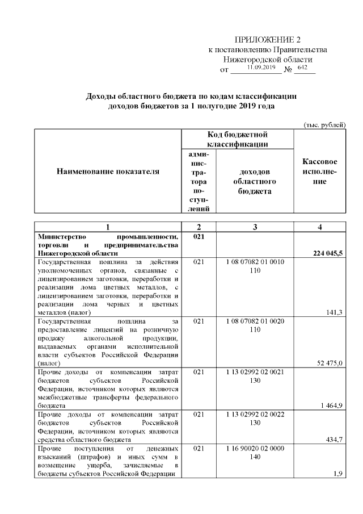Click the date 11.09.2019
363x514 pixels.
click(261, 68)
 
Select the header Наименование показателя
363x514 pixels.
click(107, 171)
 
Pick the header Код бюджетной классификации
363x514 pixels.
click(237, 140)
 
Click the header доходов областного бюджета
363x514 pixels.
click(255, 181)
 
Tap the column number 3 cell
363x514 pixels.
click(255, 227)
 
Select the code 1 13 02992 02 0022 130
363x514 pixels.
click(255, 419)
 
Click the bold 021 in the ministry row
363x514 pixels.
click(199, 236)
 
